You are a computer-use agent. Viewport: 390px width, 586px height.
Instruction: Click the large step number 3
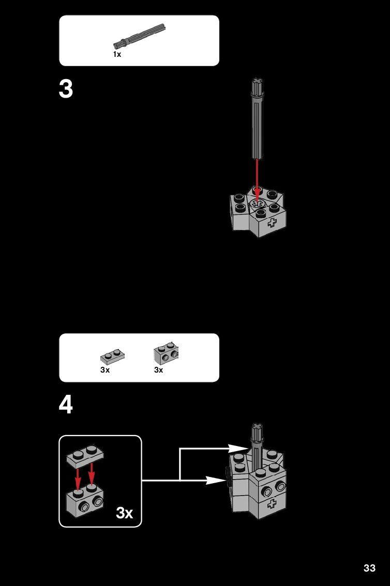66,89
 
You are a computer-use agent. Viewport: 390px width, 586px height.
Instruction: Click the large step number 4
66,405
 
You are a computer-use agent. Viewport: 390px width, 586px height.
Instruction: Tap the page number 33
369,568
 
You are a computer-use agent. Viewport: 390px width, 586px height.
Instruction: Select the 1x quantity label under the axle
117,54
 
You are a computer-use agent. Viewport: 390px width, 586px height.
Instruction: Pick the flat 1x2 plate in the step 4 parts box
112,357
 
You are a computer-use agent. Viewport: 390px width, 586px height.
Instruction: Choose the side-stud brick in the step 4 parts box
166,353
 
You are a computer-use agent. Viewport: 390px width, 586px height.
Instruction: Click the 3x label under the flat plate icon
105,370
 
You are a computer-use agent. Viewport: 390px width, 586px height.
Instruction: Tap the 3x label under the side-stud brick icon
159,370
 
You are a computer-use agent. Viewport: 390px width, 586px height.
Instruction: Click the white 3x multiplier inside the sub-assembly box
125,513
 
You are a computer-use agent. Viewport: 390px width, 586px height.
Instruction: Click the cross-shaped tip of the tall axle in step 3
257,81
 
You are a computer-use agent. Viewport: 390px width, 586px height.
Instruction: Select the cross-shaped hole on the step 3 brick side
273,223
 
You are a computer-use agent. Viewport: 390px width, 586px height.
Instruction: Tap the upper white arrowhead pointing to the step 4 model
238,449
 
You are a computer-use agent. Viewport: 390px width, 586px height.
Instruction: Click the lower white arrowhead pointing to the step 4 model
216,480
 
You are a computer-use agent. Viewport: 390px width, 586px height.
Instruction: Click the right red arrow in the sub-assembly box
92,474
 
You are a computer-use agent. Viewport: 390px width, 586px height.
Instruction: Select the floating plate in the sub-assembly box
85,456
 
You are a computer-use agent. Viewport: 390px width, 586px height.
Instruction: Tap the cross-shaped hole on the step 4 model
272,504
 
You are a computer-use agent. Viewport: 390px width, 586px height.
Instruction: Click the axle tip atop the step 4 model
257,427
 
